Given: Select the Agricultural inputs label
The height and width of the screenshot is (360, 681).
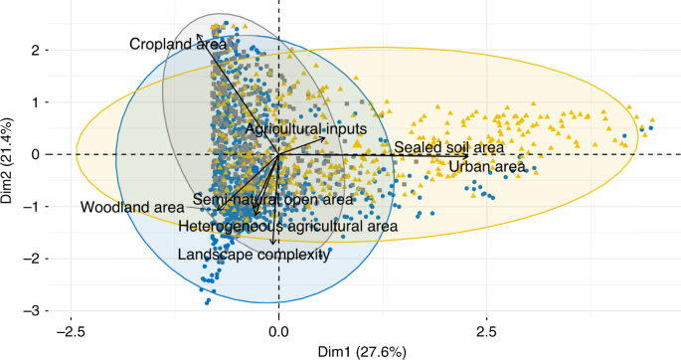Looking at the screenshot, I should tap(306, 129).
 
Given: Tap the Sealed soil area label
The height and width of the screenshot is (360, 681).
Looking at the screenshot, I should tap(449, 147).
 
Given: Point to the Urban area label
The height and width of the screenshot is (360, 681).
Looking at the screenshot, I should tap(487, 167).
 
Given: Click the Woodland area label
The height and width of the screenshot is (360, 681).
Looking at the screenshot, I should tap(132, 207).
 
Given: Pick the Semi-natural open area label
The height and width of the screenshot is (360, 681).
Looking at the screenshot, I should tap(273, 200).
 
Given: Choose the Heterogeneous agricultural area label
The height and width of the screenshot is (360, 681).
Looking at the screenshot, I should tap(288, 227).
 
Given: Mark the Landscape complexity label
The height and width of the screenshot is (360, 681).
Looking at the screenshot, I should tap(253, 255).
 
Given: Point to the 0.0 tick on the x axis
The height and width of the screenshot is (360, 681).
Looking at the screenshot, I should tap(278, 328).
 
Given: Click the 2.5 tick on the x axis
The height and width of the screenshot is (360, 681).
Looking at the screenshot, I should tap(487, 328).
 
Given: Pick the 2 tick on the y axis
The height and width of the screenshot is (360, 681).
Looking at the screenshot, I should tap(34, 50).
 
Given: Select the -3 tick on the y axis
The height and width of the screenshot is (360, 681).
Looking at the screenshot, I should tap(31, 311).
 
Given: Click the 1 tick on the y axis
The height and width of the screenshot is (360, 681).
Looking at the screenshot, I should tap(34, 102).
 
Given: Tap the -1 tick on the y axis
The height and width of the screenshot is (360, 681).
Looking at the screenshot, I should tap(31, 207).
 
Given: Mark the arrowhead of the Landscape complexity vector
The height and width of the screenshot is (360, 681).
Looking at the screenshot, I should tap(273, 244).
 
